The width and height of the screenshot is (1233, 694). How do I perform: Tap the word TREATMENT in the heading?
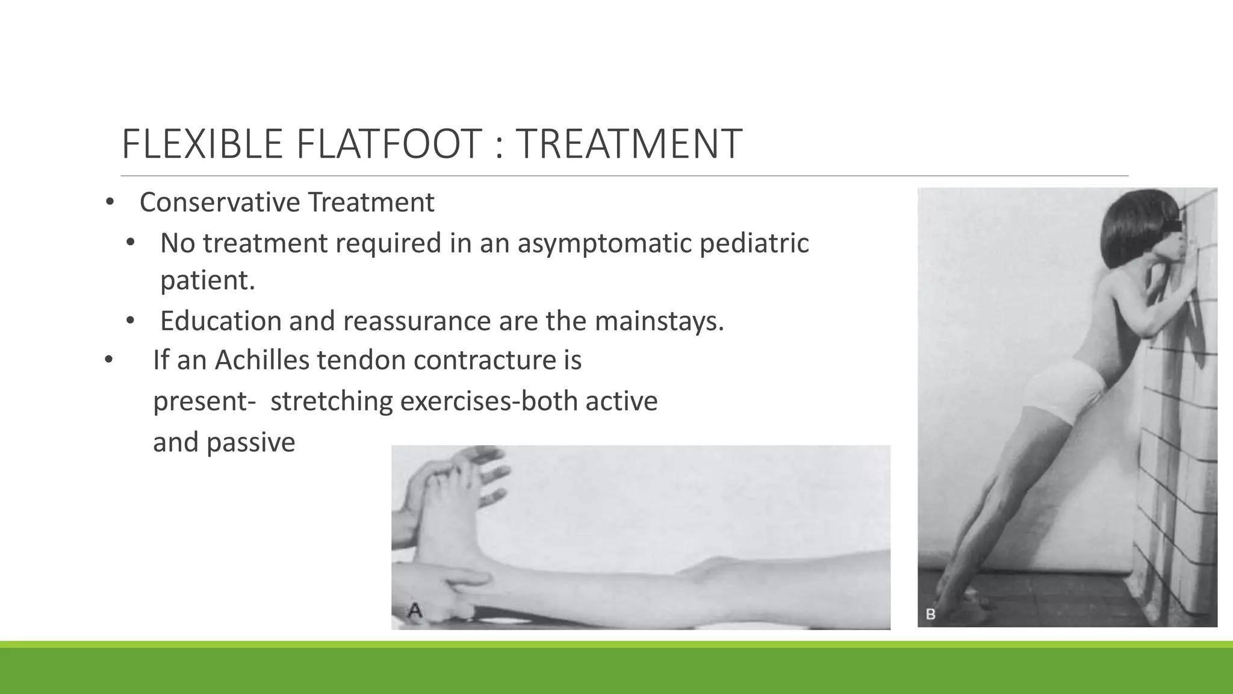pyautogui.click(x=629, y=144)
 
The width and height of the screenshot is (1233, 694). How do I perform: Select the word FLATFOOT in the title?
pyautogui.click(x=389, y=144)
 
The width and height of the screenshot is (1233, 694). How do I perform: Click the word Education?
pyautogui.click(x=220, y=320)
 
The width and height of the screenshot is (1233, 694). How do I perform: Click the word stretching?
pyautogui.click(x=331, y=401)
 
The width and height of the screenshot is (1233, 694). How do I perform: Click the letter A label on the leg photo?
pyautogui.click(x=414, y=611)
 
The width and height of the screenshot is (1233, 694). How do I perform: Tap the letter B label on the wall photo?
pyautogui.click(x=930, y=614)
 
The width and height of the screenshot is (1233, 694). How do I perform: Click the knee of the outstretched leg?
pyautogui.click(x=710, y=569)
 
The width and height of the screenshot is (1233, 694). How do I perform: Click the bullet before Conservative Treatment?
pyautogui.click(x=109, y=202)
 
